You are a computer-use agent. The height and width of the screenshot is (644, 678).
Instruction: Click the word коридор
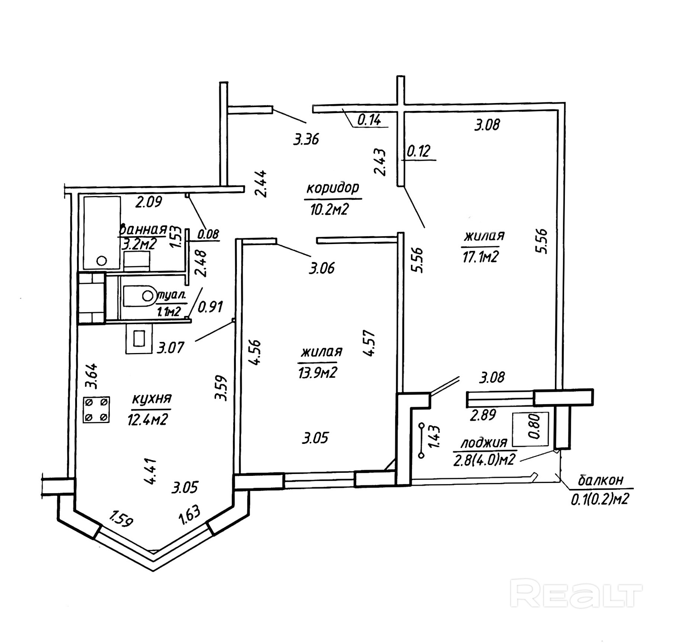(x=332, y=188)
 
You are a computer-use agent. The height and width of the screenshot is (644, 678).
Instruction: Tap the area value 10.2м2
(x=329, y=210)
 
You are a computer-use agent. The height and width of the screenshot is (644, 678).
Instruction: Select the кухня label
(x=152, y=399)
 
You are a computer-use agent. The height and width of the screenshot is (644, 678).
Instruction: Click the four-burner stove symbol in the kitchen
(x=96, y=409)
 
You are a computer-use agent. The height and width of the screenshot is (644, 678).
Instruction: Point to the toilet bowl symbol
(x=139, y=296)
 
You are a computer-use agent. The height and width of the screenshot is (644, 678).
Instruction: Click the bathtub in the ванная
(x=102, y=233)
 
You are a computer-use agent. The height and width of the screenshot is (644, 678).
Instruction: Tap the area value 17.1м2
(x=480, y=257)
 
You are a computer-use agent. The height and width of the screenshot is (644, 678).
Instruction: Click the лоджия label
(x=484, y=443)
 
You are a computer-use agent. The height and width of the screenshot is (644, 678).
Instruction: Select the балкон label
(x=600, y=480)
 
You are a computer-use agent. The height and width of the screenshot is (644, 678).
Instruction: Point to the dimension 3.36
(x=306, y=140)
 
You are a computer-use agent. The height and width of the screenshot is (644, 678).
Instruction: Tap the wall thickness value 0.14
(x=369, y=120)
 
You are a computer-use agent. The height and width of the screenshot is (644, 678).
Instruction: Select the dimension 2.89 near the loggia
(x=482, y=415)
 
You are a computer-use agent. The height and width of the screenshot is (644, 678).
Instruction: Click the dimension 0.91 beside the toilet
(x=210, y=307)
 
